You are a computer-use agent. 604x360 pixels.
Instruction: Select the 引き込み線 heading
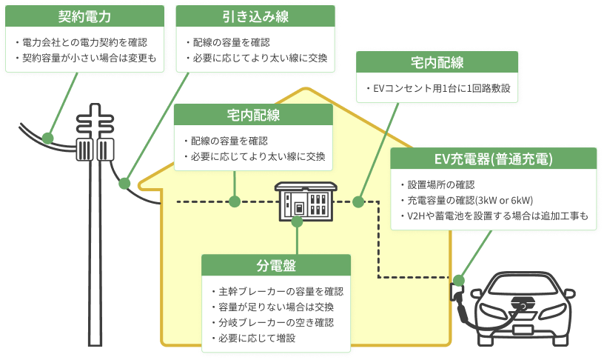pos(256,16)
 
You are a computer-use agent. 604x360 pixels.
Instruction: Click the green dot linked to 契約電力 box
pos(48,138)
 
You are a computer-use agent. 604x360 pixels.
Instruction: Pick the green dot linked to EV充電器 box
pos(458,281)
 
